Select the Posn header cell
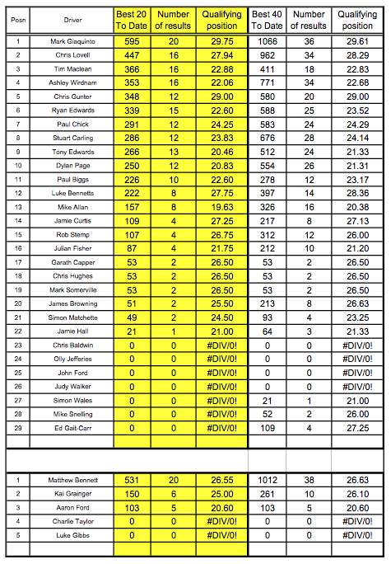tap(17, 19)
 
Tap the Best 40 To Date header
tap(267, 20)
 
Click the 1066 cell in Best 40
tap(267, 40)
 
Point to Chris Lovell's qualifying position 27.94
tap(221, 54)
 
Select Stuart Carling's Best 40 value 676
tap(267, 137)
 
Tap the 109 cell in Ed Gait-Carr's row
tap(267, 428)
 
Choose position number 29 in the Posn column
tap(17, 428)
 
